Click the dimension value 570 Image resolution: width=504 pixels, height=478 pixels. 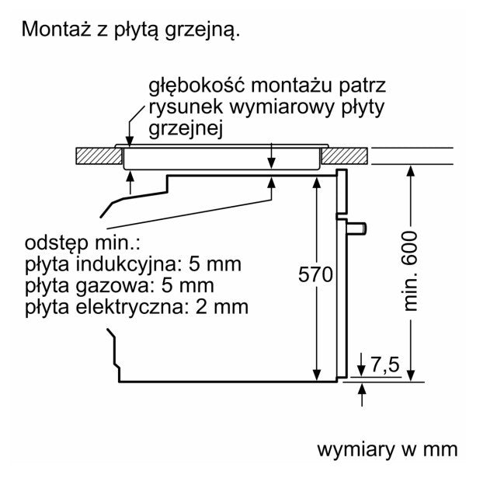315,274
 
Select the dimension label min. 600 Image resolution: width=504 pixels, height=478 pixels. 410,270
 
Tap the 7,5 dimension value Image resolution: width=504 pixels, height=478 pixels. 385,365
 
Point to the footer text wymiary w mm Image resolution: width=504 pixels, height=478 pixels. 388,449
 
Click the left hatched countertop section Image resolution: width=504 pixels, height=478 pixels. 99,156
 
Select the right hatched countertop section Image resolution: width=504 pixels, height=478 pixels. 345,156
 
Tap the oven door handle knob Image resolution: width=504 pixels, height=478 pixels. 356,229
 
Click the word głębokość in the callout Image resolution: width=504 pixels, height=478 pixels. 196,86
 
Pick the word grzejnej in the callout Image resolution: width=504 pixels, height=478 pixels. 186,129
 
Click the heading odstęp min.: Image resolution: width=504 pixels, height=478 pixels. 82,242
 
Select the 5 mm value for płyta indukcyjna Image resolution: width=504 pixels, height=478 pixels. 214,264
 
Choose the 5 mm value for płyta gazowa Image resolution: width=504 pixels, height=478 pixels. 187,286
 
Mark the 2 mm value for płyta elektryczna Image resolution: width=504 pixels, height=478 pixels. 222,307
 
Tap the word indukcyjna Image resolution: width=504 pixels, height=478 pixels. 127,265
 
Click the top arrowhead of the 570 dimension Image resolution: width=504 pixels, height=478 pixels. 317,183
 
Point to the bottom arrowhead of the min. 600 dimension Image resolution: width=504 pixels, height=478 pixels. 411,375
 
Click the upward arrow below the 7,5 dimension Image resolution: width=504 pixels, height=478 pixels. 362,395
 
